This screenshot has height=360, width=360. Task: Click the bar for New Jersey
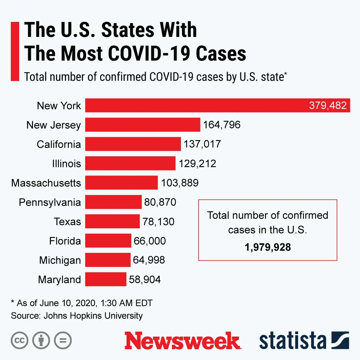tap(142, 125)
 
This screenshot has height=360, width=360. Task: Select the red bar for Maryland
tap(106, 279)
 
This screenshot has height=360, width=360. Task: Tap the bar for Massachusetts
tap(121, 183)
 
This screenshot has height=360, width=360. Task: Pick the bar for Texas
tap(112, 221)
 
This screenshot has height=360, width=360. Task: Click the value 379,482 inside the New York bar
tap(328, 106)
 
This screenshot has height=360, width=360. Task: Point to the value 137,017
tap(202, 144)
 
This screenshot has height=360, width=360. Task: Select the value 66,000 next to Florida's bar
tap(150, 241)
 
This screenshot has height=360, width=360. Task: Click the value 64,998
tap(149, 260)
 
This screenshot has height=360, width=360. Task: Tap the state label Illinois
tap(66, 164)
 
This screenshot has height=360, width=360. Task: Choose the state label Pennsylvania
tap(50, 202)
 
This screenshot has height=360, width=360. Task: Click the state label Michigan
tap(60, 260)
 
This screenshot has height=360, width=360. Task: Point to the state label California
tap(59, 144)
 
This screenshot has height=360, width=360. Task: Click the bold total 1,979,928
tap(268, 247)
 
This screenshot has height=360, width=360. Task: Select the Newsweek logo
tap(182, 341)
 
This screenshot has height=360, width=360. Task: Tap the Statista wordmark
tap(292, 341)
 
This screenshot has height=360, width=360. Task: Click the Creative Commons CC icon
tap(19, 340)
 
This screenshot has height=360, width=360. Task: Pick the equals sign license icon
tap(63, 340)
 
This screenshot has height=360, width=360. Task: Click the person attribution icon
tap(41, 340)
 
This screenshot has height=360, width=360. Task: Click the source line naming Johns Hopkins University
tap(77, 316)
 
